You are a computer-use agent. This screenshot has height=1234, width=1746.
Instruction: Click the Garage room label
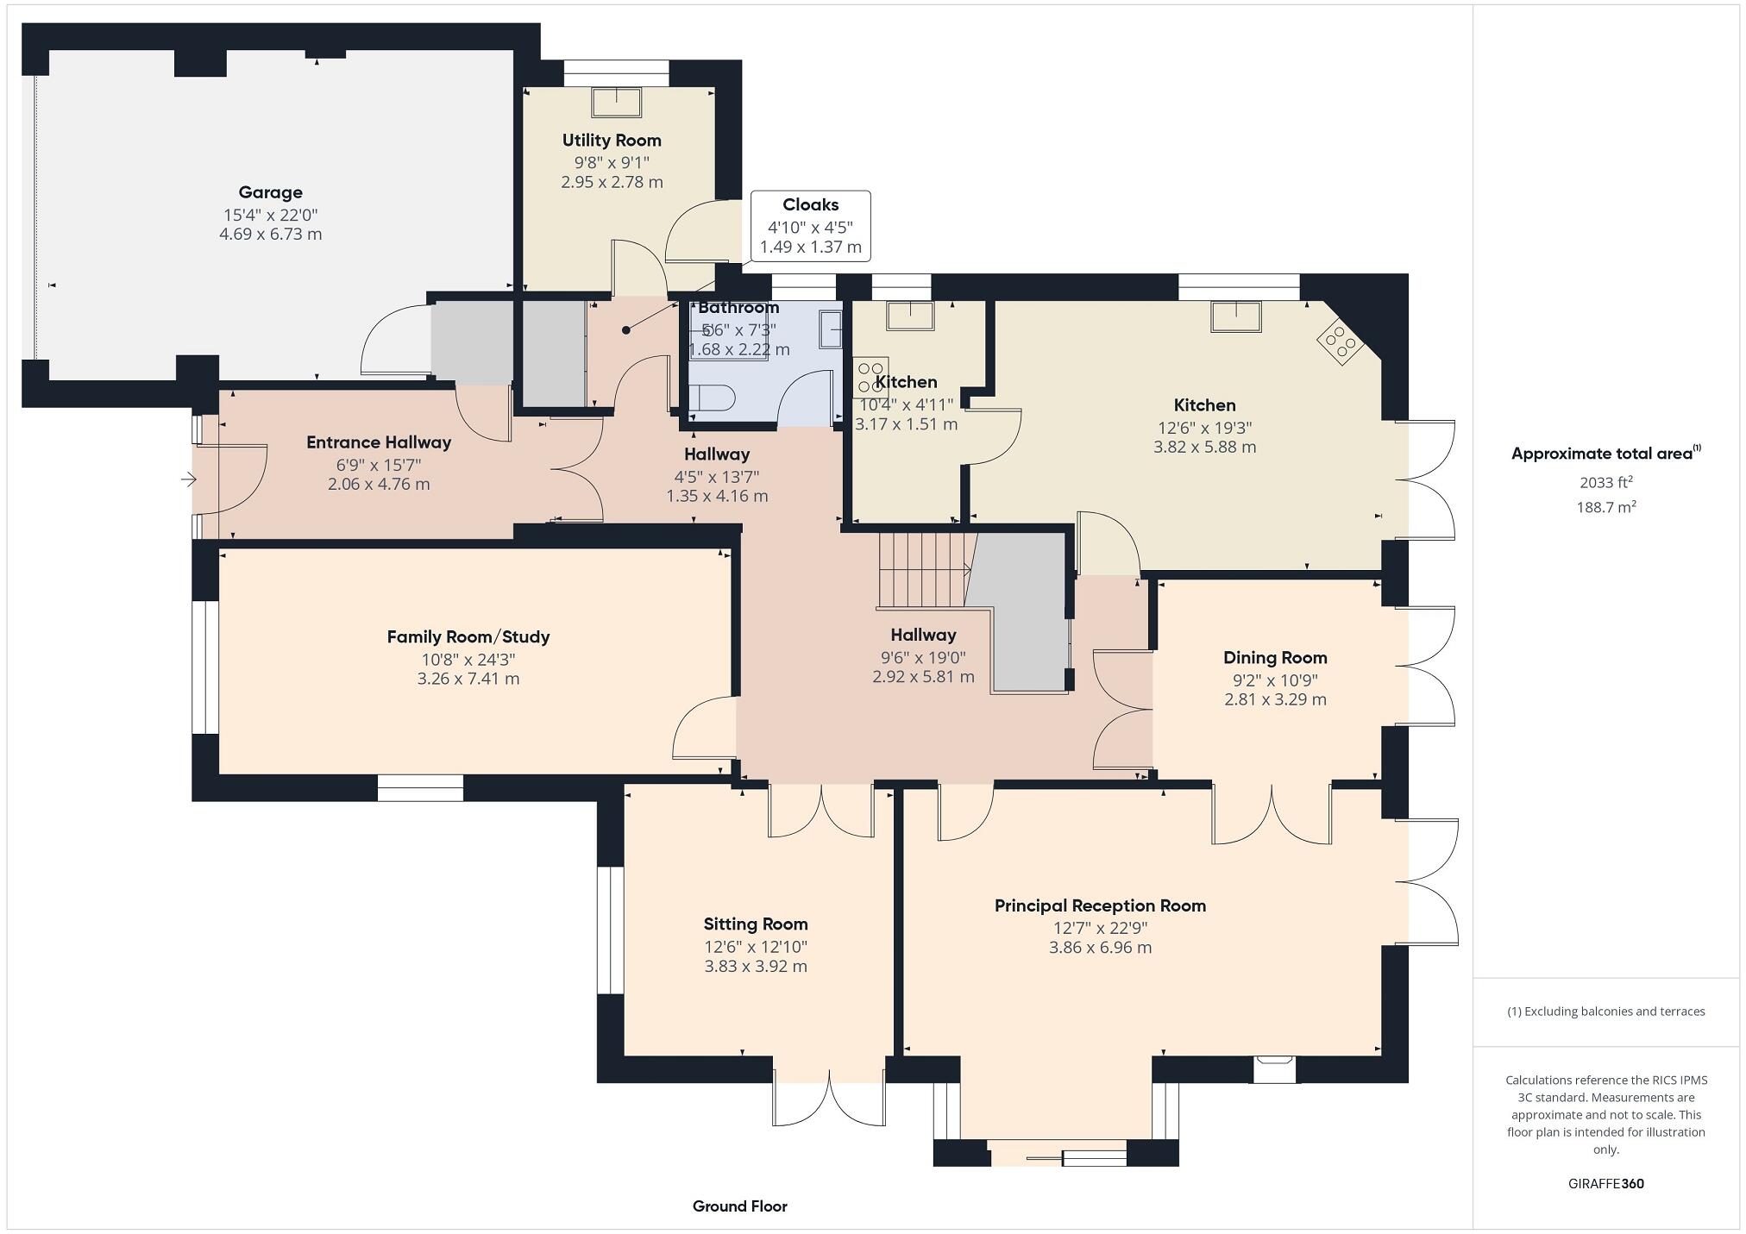(270, 192)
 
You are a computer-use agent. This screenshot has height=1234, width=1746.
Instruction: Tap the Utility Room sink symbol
(616, 102)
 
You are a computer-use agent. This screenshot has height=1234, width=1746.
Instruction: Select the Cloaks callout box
(810, 226)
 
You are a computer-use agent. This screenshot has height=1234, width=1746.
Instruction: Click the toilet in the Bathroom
(713, 398)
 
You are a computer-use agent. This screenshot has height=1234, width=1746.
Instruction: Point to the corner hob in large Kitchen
(1340, 341)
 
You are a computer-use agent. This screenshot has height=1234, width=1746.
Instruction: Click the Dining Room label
(1274, 657)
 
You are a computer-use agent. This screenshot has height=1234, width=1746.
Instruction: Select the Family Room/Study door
(703, 729)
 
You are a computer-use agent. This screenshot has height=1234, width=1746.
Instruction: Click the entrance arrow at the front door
(188, 479)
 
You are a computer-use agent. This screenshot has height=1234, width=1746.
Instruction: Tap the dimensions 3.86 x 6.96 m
(1100, 948)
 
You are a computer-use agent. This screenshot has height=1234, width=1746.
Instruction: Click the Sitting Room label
(756, 924)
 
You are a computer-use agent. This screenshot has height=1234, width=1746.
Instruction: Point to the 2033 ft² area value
(1605, 482)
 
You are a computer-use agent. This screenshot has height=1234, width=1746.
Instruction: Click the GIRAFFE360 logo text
(1605, 1183)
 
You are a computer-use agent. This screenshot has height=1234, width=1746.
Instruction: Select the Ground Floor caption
(739, 1206)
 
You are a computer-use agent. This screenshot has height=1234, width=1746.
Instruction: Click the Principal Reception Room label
(1100, 905)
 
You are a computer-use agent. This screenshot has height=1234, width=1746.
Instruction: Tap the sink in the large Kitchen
(1235, 316)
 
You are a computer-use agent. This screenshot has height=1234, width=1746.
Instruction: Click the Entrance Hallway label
(379, 442)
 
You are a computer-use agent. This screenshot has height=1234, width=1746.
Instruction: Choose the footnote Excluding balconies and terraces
(1605, 1012)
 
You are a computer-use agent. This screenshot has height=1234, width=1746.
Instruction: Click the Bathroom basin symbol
(829, 329)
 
